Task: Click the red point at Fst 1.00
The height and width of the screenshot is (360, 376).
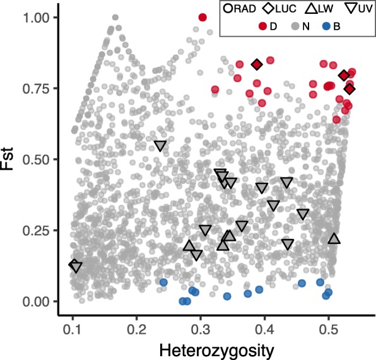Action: pos(203,18)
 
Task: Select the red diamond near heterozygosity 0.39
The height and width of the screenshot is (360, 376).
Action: pos(257,64)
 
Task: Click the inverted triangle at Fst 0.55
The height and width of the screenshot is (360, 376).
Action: pos(160,146)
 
